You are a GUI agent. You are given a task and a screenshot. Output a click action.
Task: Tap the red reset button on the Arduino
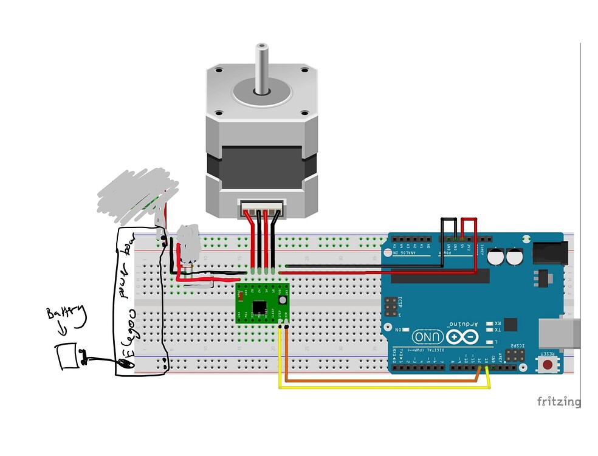[x=548, y=365]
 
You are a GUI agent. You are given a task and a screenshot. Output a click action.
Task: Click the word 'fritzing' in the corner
[x=558, y=401]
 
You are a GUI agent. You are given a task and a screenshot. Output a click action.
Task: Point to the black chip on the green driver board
[x=259, y=306]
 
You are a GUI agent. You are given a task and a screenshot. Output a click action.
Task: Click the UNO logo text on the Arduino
[x=428, y=336]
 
